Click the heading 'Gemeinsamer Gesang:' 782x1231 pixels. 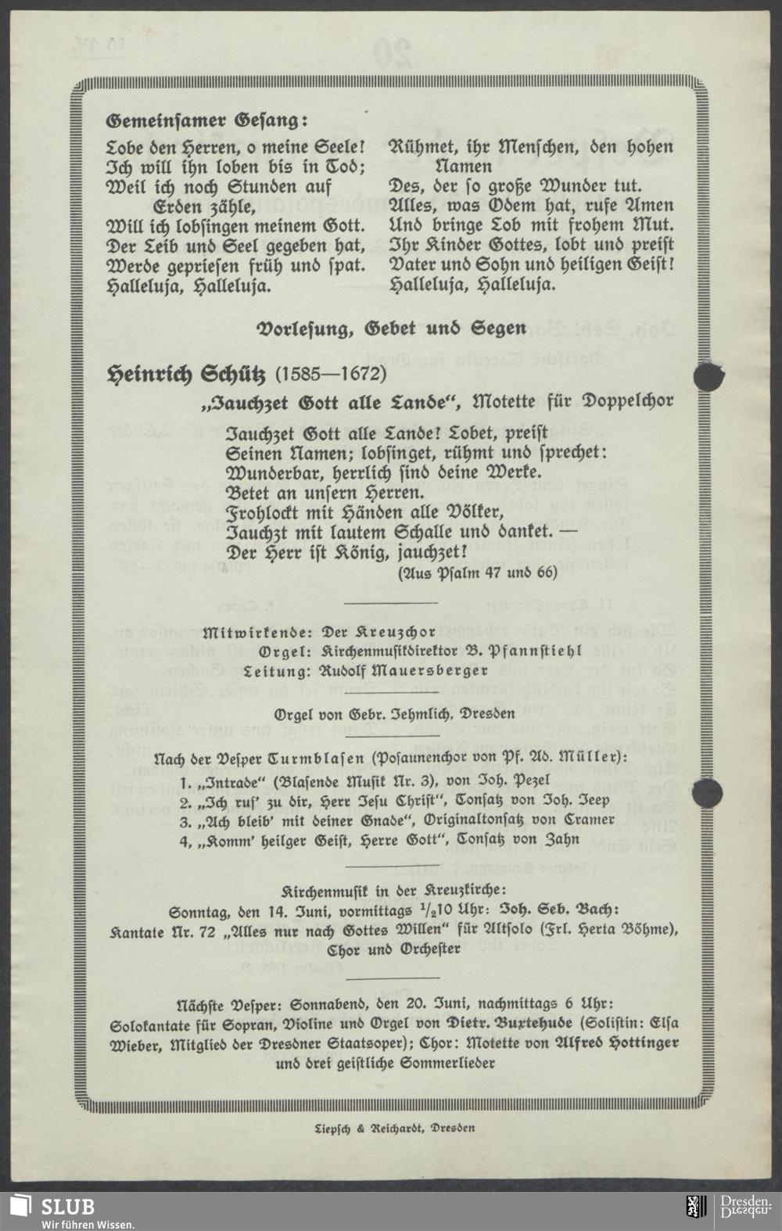(x=207, y=121)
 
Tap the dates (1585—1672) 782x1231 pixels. (x=331, y=374)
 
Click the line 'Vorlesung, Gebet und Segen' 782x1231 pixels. (x=392, y=328)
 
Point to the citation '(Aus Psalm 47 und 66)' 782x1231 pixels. (x=477, y=572)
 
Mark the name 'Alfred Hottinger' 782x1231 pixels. (x=616, y=1043)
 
